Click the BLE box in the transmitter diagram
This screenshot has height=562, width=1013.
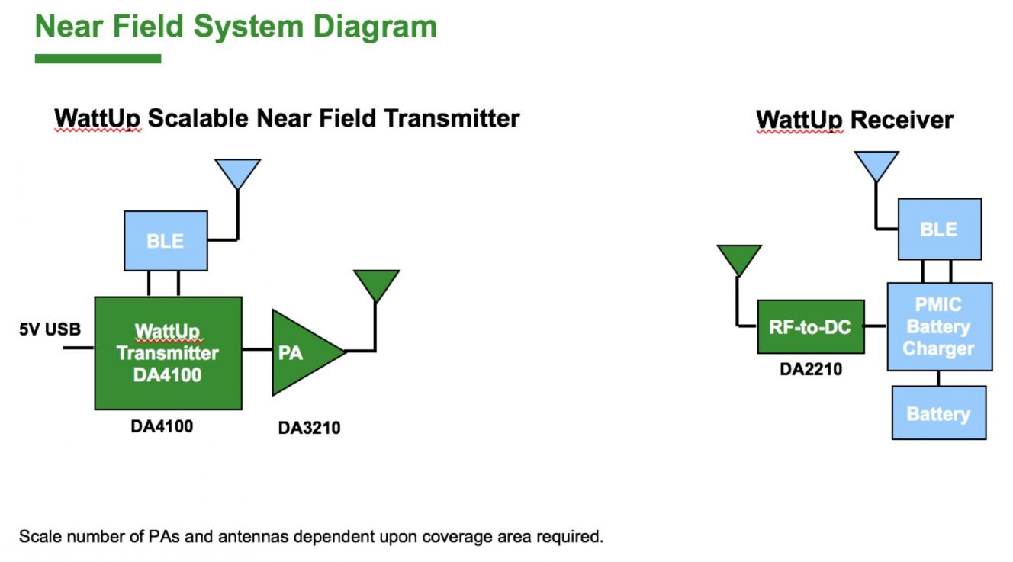166,240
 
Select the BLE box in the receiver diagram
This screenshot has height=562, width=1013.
940,229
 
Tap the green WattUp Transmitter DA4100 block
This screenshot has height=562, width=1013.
169,353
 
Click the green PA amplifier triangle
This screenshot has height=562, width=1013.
303,352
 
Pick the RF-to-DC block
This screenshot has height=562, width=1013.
811,326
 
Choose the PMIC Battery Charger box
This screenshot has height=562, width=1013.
940,326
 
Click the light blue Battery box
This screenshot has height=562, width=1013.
939,413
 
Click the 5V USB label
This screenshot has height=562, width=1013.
50,329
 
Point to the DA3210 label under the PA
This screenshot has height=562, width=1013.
310,428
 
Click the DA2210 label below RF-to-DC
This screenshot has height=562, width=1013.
811,369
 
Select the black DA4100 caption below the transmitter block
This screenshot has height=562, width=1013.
162,426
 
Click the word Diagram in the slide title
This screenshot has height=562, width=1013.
375,27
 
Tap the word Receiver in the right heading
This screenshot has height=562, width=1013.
902,120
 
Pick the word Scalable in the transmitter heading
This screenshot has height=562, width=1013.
198,118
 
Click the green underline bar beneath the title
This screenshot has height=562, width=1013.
98,59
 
